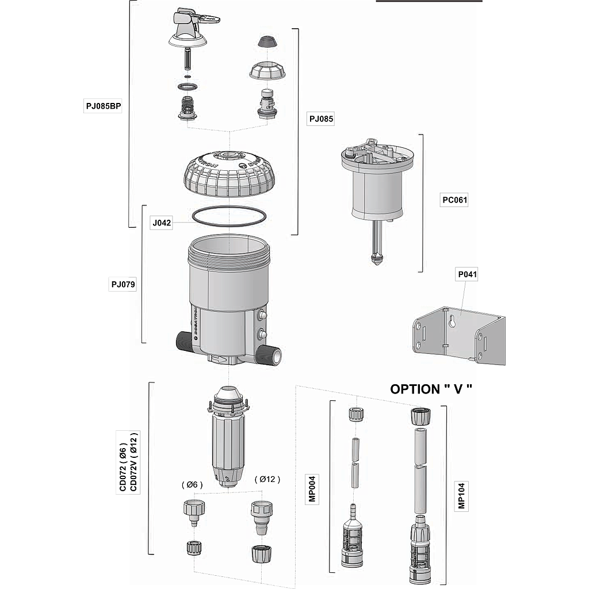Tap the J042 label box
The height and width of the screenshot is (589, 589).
[x=162, y=223]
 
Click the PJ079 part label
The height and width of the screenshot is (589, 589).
[x=123, y=284]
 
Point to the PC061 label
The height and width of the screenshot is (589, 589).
[x=454, y=200]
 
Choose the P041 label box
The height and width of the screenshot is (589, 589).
[x=467, y=275]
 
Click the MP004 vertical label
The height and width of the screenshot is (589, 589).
[x=313, y=488]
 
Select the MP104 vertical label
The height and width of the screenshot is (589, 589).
[x=461, y=495]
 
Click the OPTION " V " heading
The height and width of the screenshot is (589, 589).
[x=431, y=389]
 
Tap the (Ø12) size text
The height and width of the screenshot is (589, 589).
[x=267, y=479]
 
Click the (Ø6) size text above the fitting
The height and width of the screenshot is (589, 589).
[x=192, y=484]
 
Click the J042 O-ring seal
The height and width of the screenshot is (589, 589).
[x=229, y=216]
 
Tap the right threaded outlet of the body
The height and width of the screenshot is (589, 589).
[x=270, y=355]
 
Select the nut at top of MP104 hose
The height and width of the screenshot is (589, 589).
[x=419, y=416]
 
